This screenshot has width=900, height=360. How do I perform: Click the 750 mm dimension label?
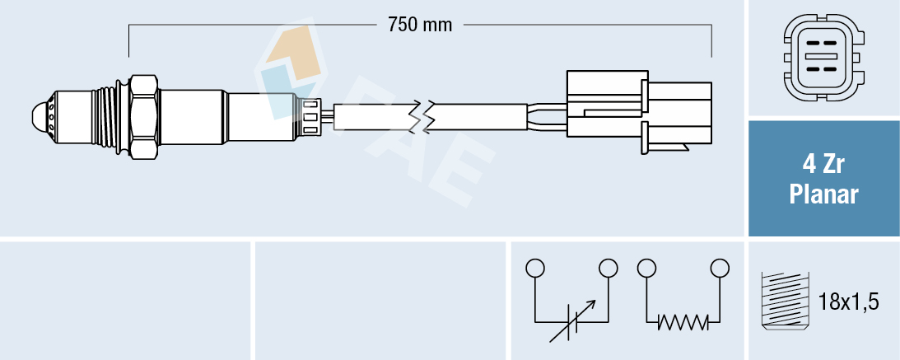click(420, 25)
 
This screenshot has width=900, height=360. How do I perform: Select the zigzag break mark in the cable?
click(427, 116)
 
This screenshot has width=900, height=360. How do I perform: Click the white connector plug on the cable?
click(638, 110)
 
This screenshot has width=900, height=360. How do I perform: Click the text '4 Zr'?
click(823, 165)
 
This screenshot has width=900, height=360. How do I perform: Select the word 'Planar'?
click(823, 195)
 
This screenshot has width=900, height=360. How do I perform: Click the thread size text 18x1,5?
click(850, 302)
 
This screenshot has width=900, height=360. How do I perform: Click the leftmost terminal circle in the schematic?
click(535, 269)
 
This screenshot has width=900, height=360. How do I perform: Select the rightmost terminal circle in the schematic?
click(720, 269)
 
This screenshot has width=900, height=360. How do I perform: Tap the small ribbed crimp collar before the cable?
click(311, 116)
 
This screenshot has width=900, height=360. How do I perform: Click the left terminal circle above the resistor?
click(646, 269)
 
